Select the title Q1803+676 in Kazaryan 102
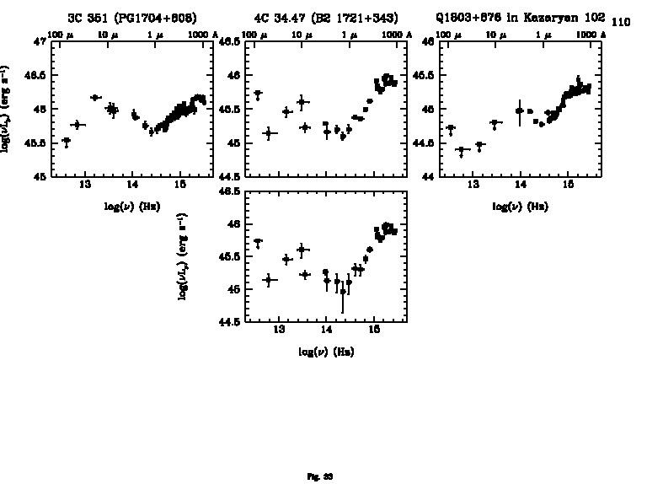click(521, 18)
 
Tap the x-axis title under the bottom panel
click(325, 352)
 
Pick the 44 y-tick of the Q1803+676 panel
click(428, 177)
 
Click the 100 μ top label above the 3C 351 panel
click(58, 35)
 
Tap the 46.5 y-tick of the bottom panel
click(230, 192)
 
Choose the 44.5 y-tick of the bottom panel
click(230, 321)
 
